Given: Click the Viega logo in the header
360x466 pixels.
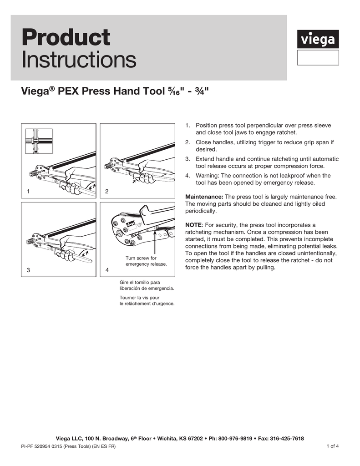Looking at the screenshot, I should (x=318, y=40).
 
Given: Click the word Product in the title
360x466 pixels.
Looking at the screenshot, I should (x=66, y=37).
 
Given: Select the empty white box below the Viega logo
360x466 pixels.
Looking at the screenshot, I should (x=318, y=58).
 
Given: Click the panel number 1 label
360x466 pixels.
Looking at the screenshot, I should (x=28, y=192).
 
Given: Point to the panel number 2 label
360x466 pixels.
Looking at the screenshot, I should (x=106, y=192).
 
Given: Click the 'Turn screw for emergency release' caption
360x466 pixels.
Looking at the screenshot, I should (x=146, y=261).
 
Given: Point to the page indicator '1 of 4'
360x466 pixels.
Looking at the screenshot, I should (x=332, y=446).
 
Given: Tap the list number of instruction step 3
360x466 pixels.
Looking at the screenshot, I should (x=187, y=159).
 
